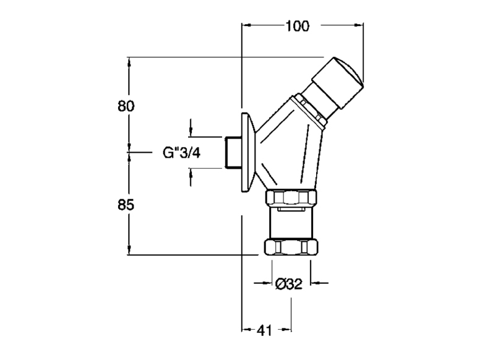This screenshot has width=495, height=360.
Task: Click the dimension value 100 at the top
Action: (x=298, y=26)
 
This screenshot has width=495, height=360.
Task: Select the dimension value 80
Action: (x=126, y=106)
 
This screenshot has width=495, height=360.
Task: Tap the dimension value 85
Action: (x=126, y=205)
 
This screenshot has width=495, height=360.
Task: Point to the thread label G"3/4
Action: (x=181, y=153)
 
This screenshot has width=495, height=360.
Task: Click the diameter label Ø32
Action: (x=289, y=284)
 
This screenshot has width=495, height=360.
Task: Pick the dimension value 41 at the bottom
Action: (x=264, y=330)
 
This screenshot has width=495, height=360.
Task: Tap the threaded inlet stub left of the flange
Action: (x=233, y=152)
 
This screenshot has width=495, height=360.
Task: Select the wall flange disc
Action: (x=248, y=152)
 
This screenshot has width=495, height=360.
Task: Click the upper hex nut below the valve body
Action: (x=290, y=198)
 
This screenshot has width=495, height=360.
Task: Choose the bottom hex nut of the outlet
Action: (x=291, y=247)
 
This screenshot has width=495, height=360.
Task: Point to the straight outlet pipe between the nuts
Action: (x=291, y=223)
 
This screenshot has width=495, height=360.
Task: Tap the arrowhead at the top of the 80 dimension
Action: (x=129, y=62)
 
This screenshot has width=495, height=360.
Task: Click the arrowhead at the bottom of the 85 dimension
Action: (x=129, y=250)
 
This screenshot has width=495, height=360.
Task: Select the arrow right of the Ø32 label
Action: (x=319, y=283)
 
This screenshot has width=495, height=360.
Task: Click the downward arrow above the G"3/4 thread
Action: (x=191, y=128)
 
